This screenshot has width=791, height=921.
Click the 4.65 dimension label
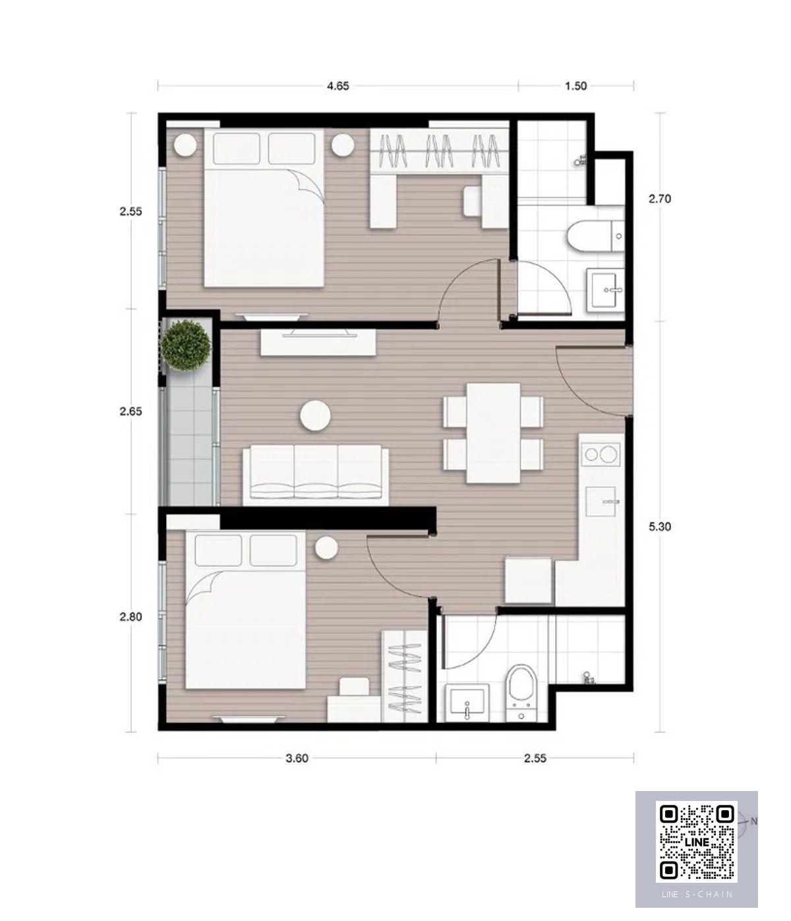[x=338, y=86]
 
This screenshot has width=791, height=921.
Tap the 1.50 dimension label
[x=575, y=86]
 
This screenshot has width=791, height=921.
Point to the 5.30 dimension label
[x=659, y=526]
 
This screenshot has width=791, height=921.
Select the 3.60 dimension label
[x=297, y=758]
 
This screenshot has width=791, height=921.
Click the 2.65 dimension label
[x=131, y=411]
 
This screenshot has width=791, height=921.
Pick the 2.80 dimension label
[x=131, y=617]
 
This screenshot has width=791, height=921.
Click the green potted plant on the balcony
[x=186, y=345]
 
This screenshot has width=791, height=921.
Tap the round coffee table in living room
[x=315, y=415]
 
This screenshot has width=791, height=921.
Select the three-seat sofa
[x=316, y=474]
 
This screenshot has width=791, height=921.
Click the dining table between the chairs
[x=493, y=433]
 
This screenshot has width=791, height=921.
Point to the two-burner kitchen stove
[x=601, y=455]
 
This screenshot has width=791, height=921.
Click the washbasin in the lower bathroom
[x=467, y=703]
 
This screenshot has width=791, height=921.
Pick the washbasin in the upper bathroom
[x=605, y=290]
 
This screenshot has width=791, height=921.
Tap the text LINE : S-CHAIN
[x=697, y=894]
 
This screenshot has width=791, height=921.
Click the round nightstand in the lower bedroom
[x=326, y=548]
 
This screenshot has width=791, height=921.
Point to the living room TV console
[x=318, y=342]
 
